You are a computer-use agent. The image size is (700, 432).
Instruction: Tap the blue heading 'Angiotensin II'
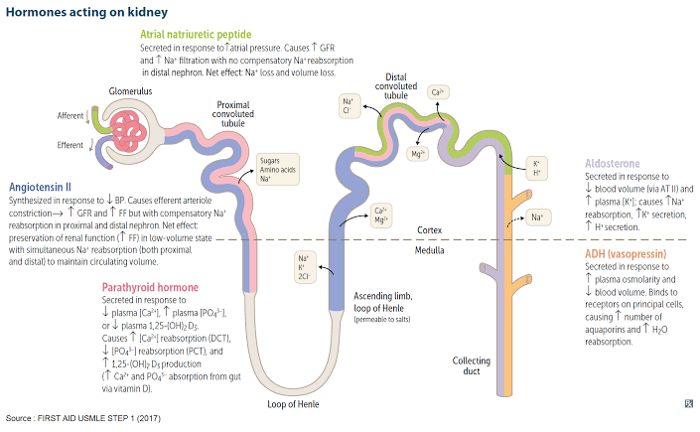pos(40,186)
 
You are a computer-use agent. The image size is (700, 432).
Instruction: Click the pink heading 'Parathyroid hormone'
pos(150,287)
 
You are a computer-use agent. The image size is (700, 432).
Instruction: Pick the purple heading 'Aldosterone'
pos(613,163)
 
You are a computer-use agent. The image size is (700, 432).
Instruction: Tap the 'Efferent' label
pos(70,145)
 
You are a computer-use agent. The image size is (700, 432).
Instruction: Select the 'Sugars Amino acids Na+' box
pos(279,171)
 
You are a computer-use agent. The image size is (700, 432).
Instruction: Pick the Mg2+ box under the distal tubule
pos(418,154)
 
